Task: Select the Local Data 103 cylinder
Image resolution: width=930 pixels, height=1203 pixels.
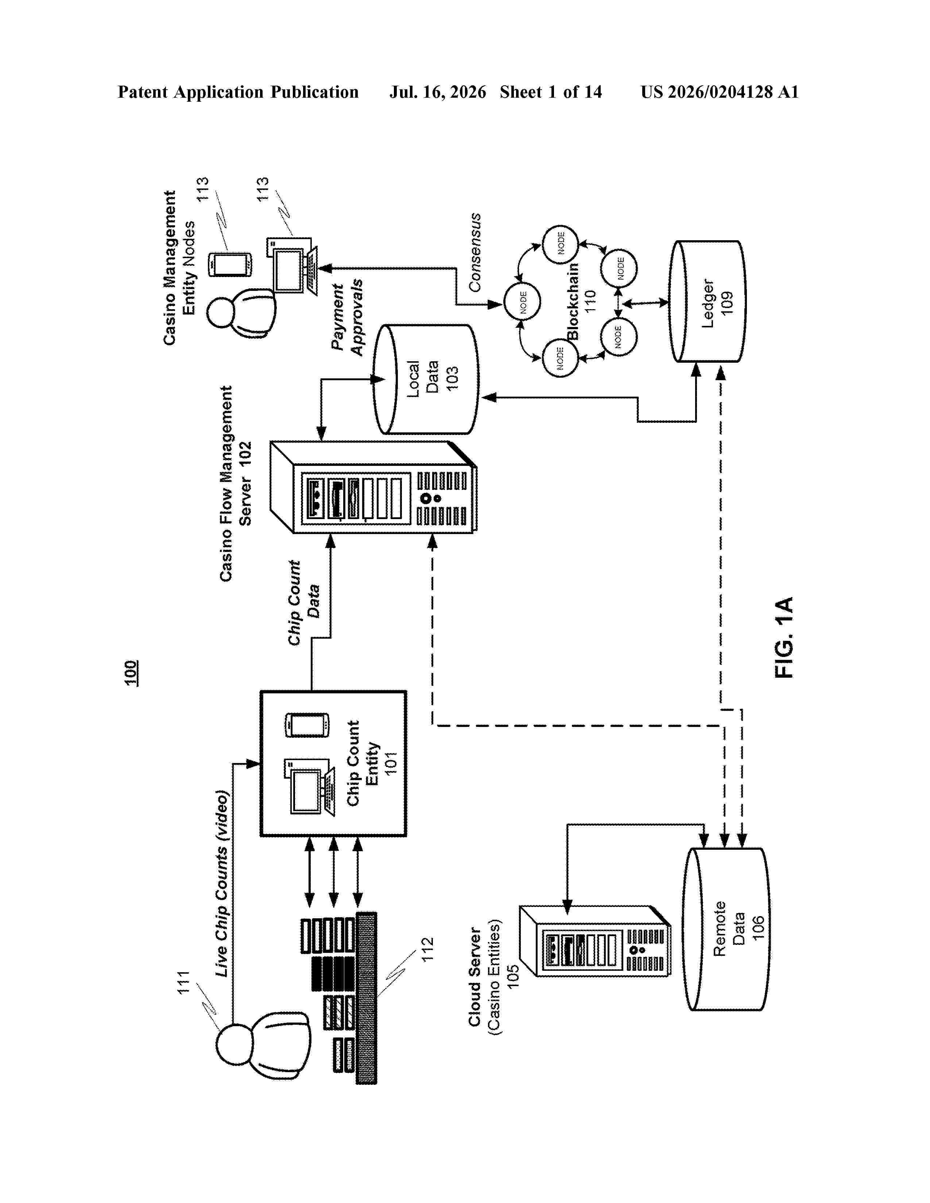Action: [425, 379]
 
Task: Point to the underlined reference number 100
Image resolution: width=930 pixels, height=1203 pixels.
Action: [131, 673]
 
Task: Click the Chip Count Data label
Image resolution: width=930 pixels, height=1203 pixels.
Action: [303, 603]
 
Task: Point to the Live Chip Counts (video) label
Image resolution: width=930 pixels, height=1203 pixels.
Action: [221, 884]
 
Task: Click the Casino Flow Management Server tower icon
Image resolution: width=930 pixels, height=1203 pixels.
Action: [373, 487]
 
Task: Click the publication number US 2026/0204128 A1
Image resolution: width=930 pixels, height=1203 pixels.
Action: [720, 92]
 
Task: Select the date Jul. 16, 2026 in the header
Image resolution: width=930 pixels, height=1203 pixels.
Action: [438, 92]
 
